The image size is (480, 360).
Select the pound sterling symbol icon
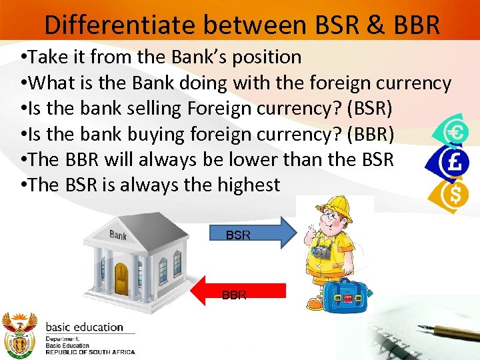[456, 163]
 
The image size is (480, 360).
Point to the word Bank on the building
[118, 235]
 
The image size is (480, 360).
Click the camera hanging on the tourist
[321, 252]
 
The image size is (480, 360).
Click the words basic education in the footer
[84, 327]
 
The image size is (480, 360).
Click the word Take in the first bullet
[45, 57]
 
